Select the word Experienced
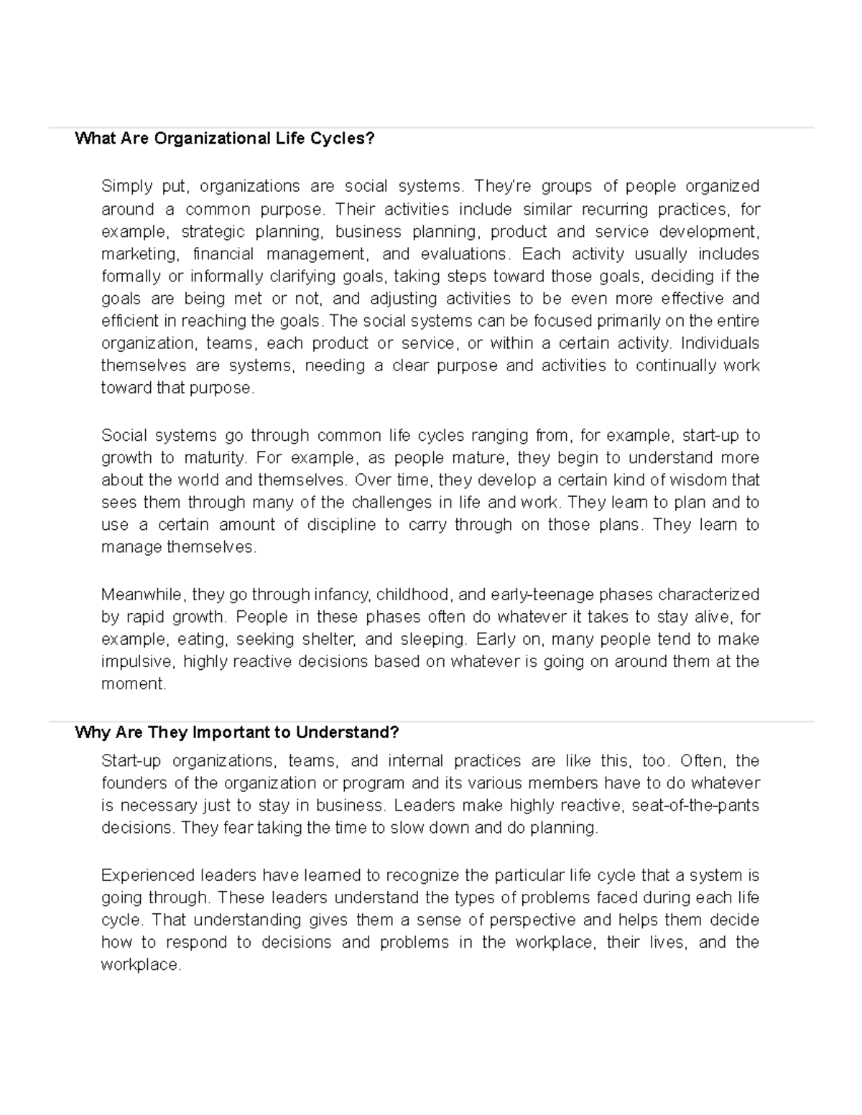coord(148,875)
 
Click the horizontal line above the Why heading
coord(431,722)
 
